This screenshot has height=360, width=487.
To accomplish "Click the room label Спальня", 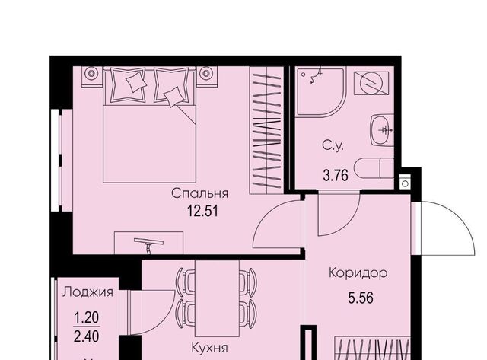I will click(200, 193).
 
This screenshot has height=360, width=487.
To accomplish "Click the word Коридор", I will click(358, 272).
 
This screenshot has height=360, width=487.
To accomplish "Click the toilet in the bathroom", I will click(376, 167).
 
